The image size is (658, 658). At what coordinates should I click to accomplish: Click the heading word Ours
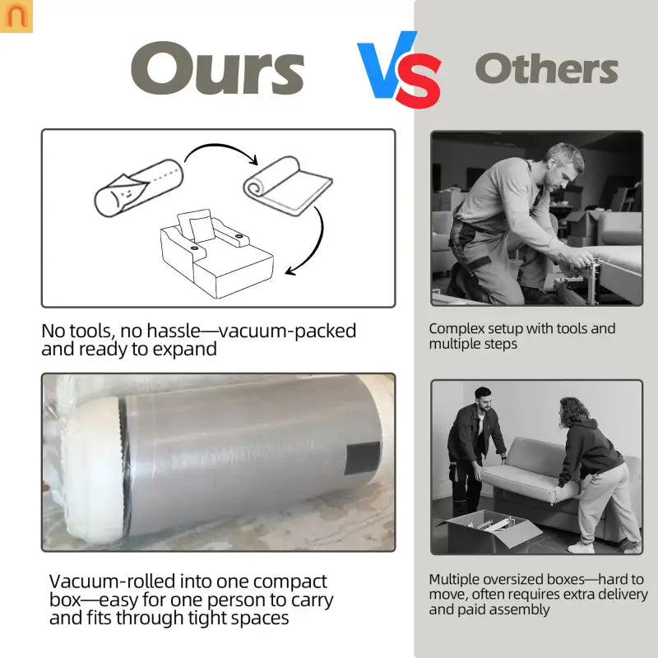click(217, 68)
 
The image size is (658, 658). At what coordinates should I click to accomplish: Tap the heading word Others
click(546, 68)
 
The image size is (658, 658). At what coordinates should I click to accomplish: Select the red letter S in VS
click(419, 81)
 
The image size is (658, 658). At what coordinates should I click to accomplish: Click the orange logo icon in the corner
click(16, 16)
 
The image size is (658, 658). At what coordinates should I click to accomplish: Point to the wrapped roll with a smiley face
click(138, 188)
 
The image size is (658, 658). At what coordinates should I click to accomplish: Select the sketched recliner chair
click(217, 253)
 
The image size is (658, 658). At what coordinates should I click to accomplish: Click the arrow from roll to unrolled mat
click(221, 146)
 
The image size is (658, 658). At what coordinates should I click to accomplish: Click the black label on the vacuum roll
click(362, 458)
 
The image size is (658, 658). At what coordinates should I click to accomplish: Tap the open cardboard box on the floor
click(489, 531)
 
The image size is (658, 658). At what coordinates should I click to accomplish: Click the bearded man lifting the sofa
click(476, 451)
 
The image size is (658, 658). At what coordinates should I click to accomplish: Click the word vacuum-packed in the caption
click(287, 331)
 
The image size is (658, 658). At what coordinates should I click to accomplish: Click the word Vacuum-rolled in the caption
click(112, 582)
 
